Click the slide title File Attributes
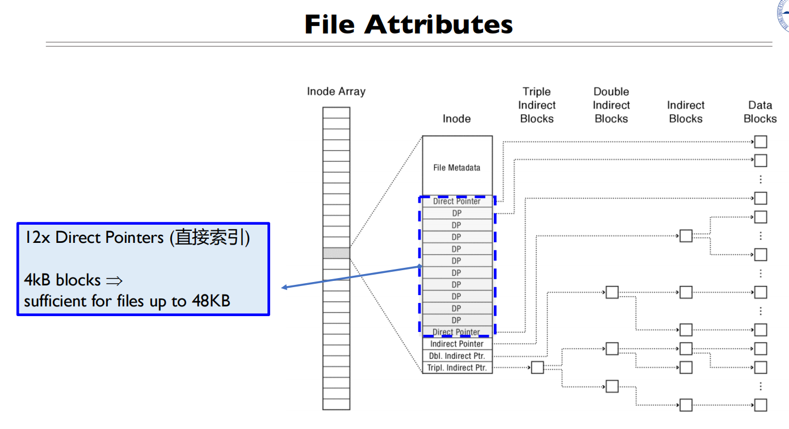tap(409, 24)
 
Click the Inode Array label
tap(336, 91)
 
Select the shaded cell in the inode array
tap(336, 253)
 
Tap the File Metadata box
tap(457, 167)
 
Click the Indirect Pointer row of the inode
tap(457, 344)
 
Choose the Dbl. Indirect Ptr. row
tap(457, 356)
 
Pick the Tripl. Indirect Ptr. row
tap(457, 368)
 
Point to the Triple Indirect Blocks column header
tap(536, 105)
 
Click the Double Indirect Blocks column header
tap(611, 105)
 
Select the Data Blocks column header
tap(760, 112)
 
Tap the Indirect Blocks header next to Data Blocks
tap(686, 112)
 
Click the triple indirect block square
tap(537, 368)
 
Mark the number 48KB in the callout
tap(211, 301)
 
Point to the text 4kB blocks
tap(62, 280)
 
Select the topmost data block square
tap(761, 142)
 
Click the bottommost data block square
tap(761, 405)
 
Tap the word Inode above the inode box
tap(457, 119)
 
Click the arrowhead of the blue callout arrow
tap(284, 288)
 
